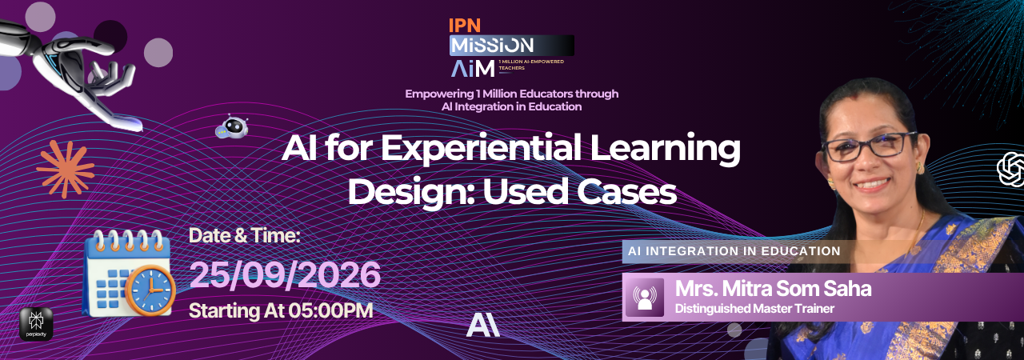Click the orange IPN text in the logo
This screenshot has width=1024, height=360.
click(x=465, y=26)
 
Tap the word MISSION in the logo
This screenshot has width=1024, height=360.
click(x=492, y=46)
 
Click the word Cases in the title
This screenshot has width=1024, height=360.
click(x=626, y=191)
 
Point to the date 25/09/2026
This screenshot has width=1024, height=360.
click(x=285, y=274)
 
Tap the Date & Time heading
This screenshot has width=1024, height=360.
click(x=245, y=236)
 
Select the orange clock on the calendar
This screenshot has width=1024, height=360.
click(x=150, y=290)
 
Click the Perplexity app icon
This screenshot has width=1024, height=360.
click(x=36, y=324)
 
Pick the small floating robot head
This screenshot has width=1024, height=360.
click(x=232, y=126)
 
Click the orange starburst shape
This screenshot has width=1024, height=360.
click(x=66, y=168)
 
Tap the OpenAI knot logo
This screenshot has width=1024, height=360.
click(x=1011, y=170)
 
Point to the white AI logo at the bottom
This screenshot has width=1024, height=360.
click(x=482, y=325)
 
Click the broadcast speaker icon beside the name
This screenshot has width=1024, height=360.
click(x=645, y=298)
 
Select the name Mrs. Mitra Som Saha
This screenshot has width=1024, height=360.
click(x=773, y=289)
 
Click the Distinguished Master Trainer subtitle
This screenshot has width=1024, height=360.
click(x=754, y=309)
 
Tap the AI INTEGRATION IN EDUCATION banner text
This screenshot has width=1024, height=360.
click(x=734, y=251)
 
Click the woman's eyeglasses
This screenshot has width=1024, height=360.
click(x=869, y=146)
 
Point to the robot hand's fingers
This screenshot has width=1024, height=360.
click(x=110, y=75)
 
